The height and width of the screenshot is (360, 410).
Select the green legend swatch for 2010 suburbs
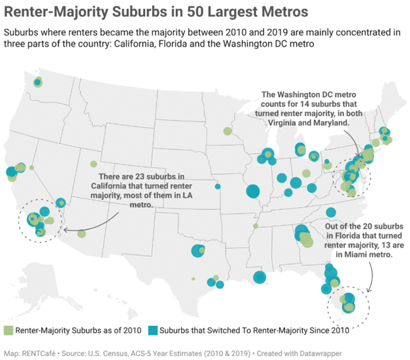pos(8,330)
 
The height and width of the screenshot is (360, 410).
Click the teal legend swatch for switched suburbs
pos(153,330)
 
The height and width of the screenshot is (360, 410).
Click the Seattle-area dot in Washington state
pos(38,82)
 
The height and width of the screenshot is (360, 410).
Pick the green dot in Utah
pos(93,164)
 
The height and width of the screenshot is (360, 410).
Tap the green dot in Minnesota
pos(228,131)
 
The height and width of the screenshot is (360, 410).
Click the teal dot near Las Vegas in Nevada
pos(61,202)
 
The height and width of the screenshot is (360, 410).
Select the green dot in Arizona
pos(81,234)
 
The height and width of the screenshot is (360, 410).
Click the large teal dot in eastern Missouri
pos(253,191)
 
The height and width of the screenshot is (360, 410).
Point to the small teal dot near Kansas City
pos(218,186)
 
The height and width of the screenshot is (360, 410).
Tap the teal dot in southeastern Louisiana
pos(259,277)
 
